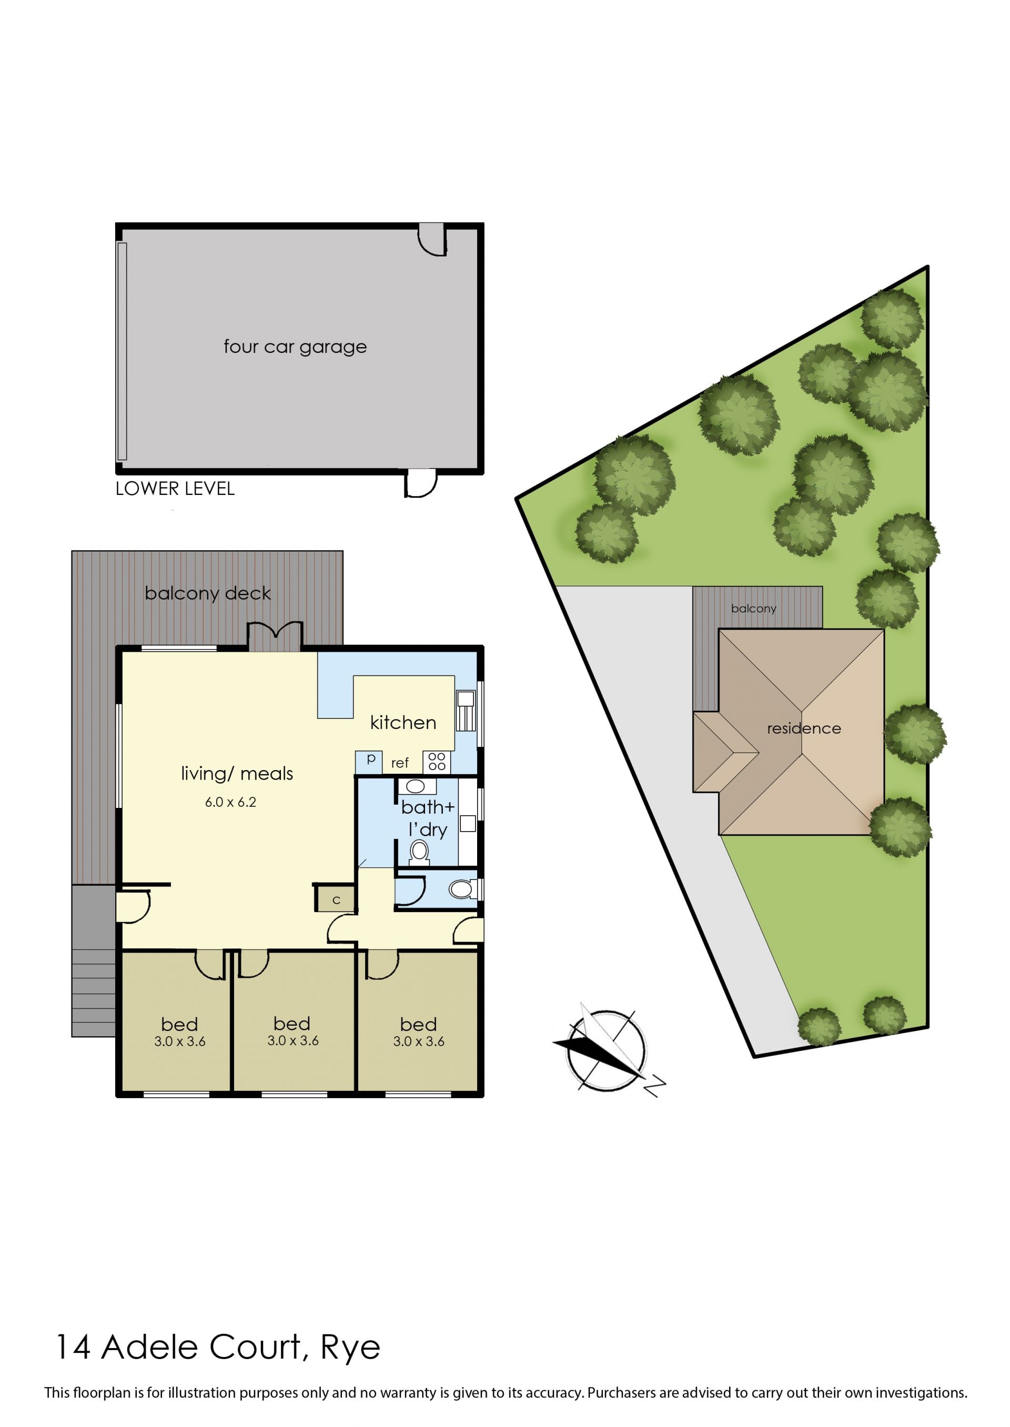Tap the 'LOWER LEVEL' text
point(175,489)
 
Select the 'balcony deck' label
point(208,593)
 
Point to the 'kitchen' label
point(403,723)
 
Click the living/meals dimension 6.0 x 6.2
point(231,802)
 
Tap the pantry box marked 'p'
point(369,762)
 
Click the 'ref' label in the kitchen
point(400,763)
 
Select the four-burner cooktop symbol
point(437,762)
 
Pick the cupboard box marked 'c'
point(336,899)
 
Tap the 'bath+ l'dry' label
point(428,818)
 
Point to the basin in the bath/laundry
point(416,786)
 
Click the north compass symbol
point(607,1051)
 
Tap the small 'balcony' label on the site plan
point(753,608)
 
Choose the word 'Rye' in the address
point(350,1349)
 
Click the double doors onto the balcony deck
point(276,636)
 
